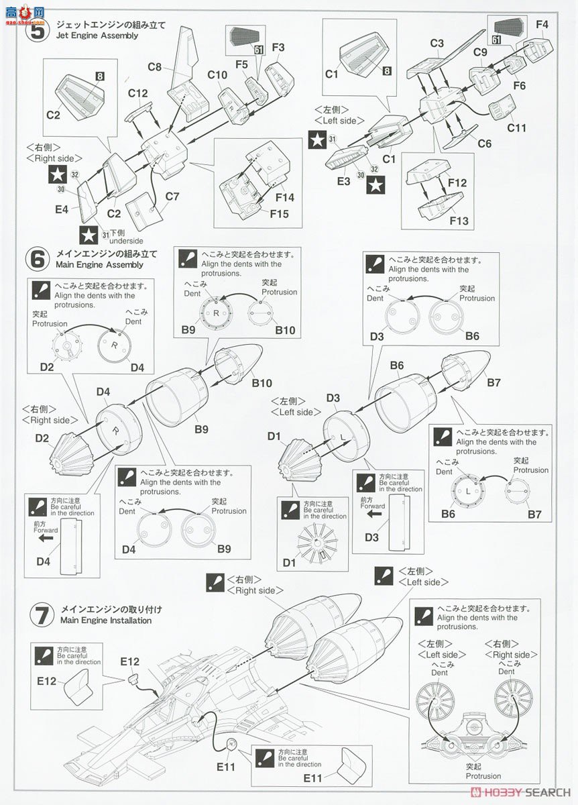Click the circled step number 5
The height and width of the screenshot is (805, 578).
(x=36, y=30)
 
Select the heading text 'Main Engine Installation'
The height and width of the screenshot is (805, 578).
(x=105, y=621)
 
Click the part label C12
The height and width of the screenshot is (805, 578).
(x=137, y=94)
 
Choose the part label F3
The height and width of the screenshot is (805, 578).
(x=278, y=47)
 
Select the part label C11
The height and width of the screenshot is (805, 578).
(x=516, y=127)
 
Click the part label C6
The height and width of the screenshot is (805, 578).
(x=484, y=143)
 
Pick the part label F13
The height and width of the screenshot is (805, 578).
(x=459, y=221)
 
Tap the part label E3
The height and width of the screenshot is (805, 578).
(x=343, y=182)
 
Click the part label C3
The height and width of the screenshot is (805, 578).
(x=437, y=44)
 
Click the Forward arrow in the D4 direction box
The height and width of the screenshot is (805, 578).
(x=46, y=538)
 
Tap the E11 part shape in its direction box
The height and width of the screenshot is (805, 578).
(x=349, y=757)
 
